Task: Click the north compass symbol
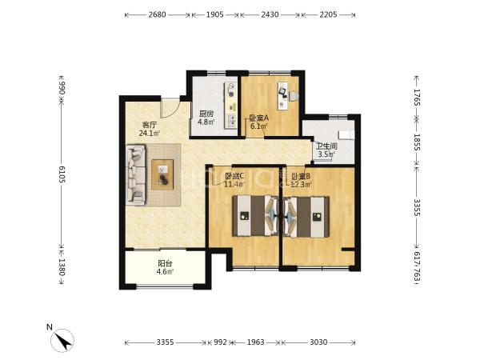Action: pos(62,341)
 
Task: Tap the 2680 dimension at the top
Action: pos(157,14)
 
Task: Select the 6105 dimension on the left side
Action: pos(62,174)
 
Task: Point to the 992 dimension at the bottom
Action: pos(220,342)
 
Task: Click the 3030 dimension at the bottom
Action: pos(318,342)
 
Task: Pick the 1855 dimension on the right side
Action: pos(418,142)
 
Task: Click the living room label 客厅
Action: pos(150,125)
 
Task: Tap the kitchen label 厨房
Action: pos(206,114)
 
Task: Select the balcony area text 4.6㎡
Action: pos(165,271)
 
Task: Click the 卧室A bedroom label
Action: pos(259,118)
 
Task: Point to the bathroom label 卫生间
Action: pos(326,146)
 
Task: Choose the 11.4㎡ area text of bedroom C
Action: pos(234,184)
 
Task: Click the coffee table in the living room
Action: pos(162,174)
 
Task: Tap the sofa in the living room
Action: pos(136,174)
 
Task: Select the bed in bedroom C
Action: pos(256,216)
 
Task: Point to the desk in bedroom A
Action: pos(283,95)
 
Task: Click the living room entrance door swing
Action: pos(170,108)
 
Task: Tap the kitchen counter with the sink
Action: pos(230,106)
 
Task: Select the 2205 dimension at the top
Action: pos(328,14)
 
